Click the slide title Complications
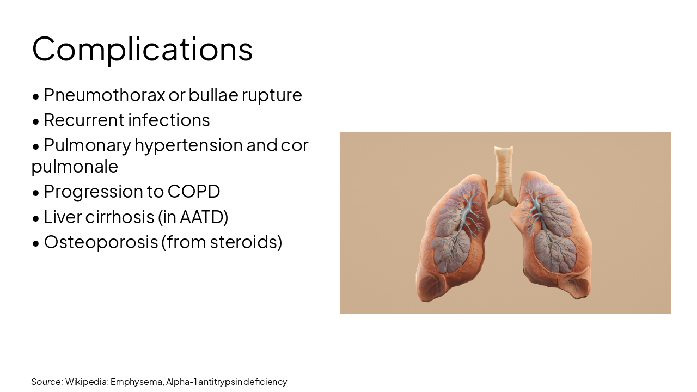click(x=142, y=49)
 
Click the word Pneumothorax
click(x=104, y=95)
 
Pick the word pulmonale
click(x=75, y=166)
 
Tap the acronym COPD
click(x=194, y=192)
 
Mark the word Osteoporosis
click(x=101, y=242)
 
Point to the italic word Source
click(x=47, y=382)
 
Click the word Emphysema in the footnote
click(x=136, y=382)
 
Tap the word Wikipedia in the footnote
click(x=87, y=382)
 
